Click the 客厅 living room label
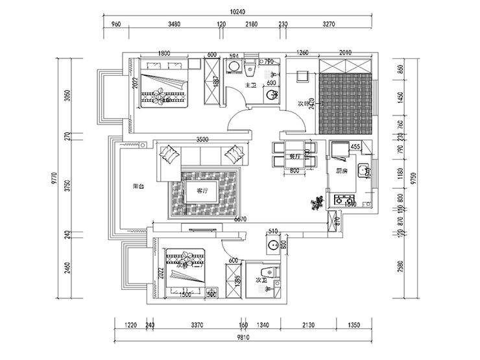[201, 191]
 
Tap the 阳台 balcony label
[138, 186]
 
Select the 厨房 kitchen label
[342, 171]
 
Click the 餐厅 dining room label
[294, 156]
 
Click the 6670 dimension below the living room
[241, 221]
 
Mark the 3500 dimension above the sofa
[201, 139]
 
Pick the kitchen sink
[365, 171]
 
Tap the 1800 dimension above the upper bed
[163, 53]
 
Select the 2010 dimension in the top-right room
[345, 53]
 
